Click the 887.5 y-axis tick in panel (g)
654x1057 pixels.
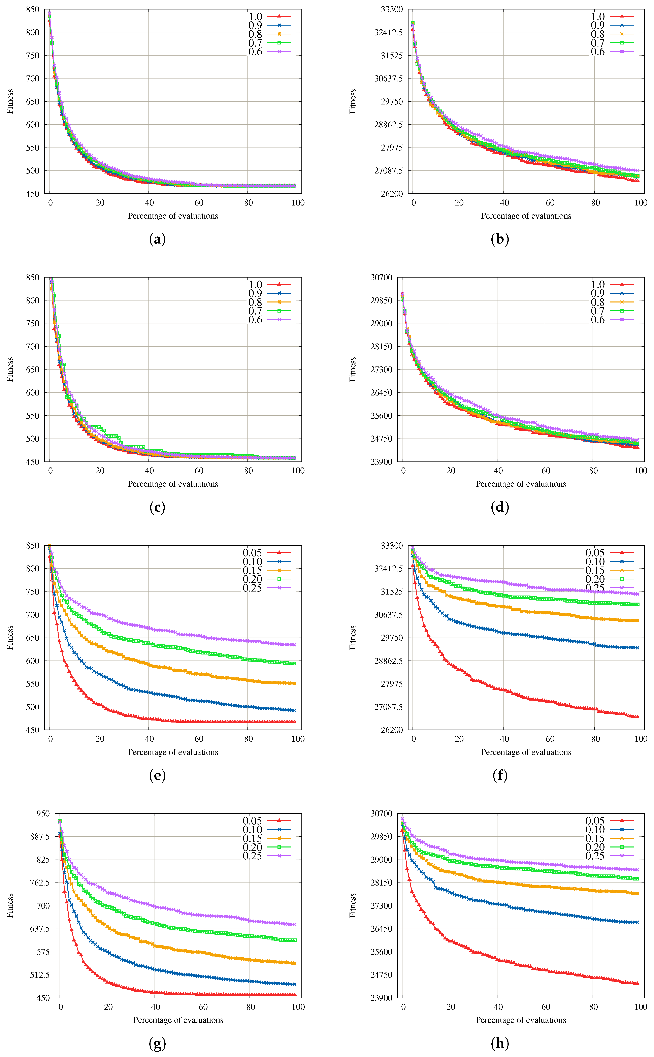tap(40, 836)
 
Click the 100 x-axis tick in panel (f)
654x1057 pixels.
tap(641, 739)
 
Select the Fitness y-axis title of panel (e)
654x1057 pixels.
tap(10, 638)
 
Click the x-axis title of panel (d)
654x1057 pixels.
tap(521, 484)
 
